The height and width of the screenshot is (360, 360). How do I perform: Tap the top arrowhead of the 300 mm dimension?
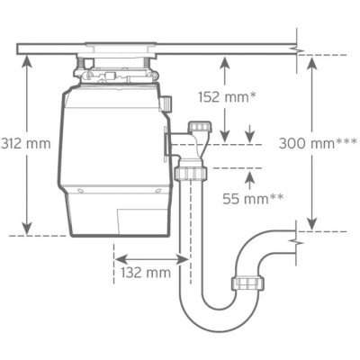pyautogui.click(x=311, y=59)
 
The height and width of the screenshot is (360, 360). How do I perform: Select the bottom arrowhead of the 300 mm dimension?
pyautogui.click(x=311, y=225)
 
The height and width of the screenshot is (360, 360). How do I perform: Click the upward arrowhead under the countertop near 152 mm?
pyautogui.click(x=224, y=60)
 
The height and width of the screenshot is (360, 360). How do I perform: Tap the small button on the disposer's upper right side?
pyautogui.click(x=167, y=104)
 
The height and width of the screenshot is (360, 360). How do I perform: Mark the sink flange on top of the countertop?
pyautogui.click(x=120, y=43)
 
